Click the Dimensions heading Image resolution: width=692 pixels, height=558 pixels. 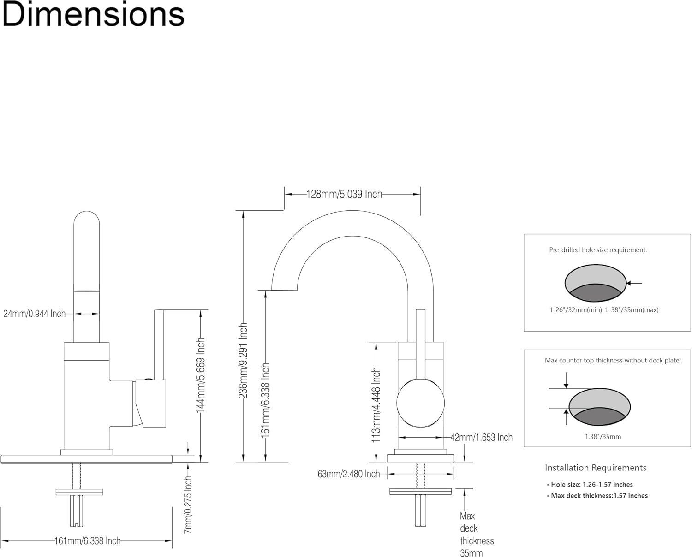point(93,15)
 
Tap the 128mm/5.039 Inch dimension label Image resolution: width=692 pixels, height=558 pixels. point(344,194)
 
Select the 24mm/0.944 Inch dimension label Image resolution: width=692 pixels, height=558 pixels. point(35,314)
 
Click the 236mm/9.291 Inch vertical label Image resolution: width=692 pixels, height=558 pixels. point(244,361)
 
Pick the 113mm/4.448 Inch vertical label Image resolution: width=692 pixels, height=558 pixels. point(376,405)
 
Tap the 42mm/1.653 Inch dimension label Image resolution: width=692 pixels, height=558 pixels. point(481,437)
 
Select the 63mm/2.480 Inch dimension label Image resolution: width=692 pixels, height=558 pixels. point(349,474)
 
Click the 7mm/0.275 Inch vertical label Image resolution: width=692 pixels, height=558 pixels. point(188,505)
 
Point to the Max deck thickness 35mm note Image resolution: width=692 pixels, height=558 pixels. point(477,534)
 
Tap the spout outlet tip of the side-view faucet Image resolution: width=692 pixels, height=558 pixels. point(283,290)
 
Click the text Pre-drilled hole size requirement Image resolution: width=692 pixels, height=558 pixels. point(598,250)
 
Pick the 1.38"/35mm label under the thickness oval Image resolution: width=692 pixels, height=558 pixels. point(599,436)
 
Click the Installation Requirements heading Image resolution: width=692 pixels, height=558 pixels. point(596,468)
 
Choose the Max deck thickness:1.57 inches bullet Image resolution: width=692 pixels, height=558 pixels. point(599,496)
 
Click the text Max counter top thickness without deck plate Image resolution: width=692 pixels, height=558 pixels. point(613,361)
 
